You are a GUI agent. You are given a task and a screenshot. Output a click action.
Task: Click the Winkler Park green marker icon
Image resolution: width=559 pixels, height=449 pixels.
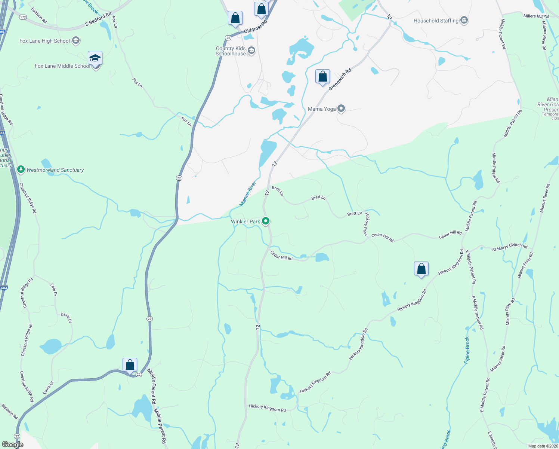tap(266, 222)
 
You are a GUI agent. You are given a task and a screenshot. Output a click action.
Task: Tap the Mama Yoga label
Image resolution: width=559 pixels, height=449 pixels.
tap(322, 109)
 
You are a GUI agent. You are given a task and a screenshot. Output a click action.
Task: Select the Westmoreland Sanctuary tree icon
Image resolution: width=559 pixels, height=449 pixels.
tap(21, 170)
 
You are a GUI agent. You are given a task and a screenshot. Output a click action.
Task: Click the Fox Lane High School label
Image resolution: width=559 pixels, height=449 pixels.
tap(44, 41)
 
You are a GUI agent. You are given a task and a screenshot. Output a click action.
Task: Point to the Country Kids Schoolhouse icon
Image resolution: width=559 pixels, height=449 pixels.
tap(251, 51)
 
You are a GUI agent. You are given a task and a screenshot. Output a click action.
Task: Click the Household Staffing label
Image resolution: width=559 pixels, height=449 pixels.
tap(436, 21)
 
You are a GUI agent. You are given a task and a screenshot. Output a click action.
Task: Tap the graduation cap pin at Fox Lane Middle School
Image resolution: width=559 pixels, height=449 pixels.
tap(95, 58)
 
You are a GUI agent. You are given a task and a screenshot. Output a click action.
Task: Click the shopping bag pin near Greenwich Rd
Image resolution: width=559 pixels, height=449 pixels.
tap(322, 77)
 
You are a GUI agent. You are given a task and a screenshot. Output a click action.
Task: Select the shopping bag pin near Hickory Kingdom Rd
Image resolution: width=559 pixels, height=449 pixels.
tap(421, 269)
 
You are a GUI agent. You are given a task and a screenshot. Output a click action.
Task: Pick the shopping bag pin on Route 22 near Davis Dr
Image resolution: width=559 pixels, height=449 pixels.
tap(130, 365)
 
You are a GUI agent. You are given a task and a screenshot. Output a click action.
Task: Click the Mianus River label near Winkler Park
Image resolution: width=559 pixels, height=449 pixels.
tap(248, 194)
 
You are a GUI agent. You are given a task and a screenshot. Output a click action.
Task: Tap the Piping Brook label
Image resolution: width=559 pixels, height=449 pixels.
tap(467, 350)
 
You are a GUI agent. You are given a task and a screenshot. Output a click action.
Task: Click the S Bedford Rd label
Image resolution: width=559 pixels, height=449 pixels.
tap(98, 19)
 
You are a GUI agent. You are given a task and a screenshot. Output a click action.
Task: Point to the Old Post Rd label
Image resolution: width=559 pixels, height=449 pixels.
tap(256, 27)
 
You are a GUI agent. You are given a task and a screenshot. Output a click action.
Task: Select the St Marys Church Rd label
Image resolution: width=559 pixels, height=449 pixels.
tap(510, 247)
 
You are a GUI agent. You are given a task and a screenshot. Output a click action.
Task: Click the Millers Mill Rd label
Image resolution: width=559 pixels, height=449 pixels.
tap(536, 16)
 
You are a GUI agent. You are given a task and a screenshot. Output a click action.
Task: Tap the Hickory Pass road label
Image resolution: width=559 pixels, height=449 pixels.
tap(367, 224)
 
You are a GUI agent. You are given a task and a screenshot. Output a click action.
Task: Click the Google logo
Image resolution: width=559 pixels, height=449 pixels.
tap(12, 445)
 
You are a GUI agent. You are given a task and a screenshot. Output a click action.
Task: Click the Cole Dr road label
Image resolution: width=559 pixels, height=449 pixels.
tap(53, 289)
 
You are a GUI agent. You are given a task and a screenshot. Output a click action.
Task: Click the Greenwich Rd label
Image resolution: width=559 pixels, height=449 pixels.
tap(340, 79)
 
